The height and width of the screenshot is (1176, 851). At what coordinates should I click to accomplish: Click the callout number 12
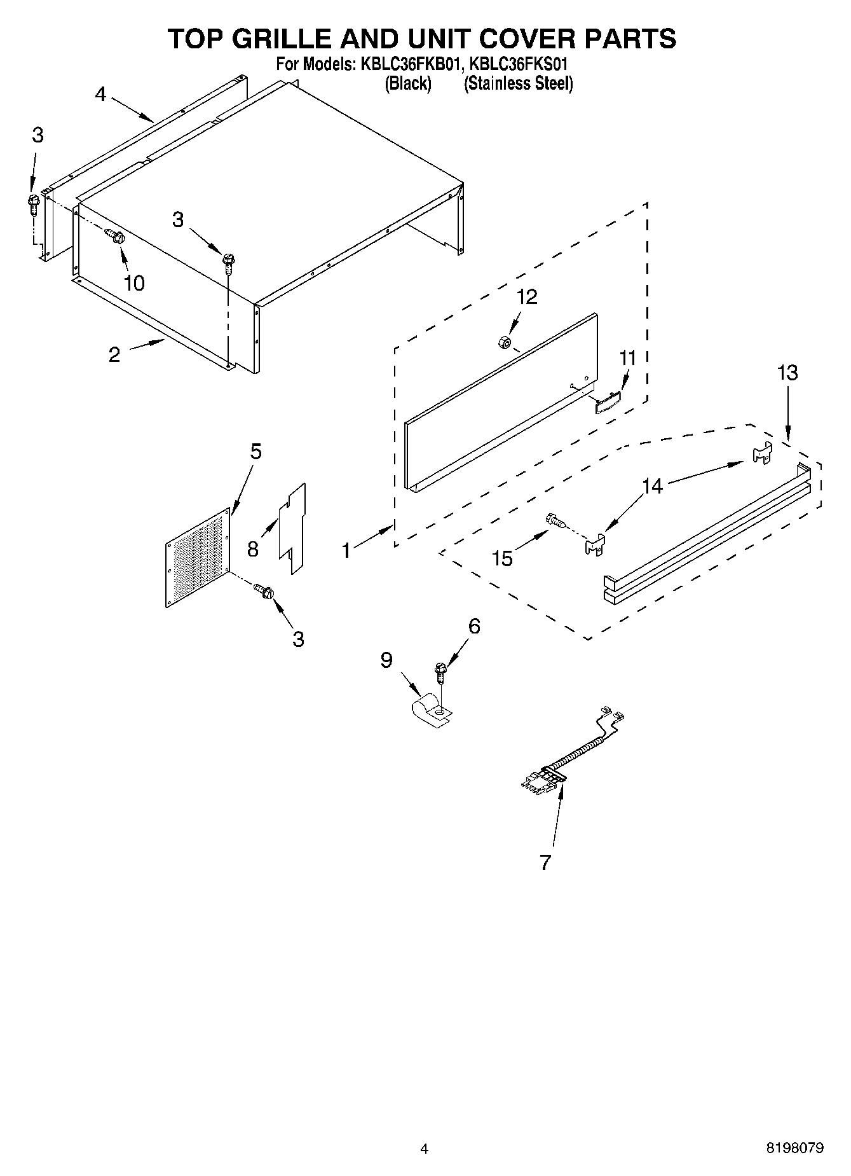[x=527, y=296]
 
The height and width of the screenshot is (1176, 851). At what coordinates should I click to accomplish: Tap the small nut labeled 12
[x=502, y=342]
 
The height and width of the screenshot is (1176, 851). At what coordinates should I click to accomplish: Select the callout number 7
[x=545, y=862]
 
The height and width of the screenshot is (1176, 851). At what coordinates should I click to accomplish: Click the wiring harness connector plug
[x=542, y=780]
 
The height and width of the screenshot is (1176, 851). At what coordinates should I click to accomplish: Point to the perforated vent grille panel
[x=198, y=558]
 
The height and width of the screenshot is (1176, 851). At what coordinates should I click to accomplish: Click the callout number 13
[x=787, y=373]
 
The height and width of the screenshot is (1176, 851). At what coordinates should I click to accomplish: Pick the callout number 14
[x=653, y=487]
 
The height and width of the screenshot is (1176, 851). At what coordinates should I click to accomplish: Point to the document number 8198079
[x=794, y=1148]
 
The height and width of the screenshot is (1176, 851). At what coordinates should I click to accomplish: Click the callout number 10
[x=134, y=283]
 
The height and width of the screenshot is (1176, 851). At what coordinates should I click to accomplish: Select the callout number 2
[x=114, y=355]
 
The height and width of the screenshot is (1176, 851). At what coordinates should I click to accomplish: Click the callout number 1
[x=346, y=550]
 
